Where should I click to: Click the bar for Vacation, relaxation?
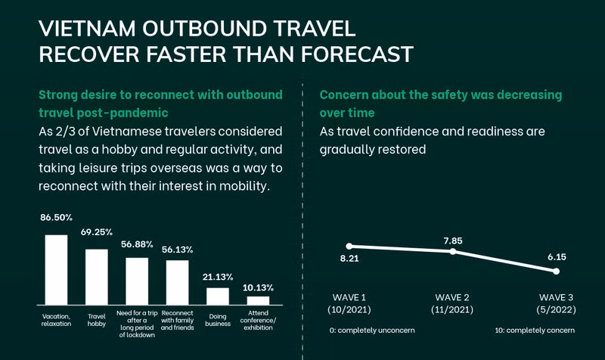(x=56, y=268)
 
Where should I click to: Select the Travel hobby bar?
(x=96, y=276)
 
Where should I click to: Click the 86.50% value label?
(x=57, y=217)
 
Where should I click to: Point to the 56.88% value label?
(x=137, y=244)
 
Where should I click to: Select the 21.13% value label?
(x=219, y=276)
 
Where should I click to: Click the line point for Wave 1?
(x=349, y=246)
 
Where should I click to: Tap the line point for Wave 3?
(x=556, y=272)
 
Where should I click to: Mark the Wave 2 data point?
(x=452, y=251)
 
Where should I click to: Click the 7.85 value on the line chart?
(x=454, y=241)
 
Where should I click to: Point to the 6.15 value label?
(x=556, y=258)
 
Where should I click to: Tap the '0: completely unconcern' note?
(x=371, y=331)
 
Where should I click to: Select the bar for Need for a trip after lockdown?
(x=137, y=280)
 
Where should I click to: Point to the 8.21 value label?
(x=349, y=259)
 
